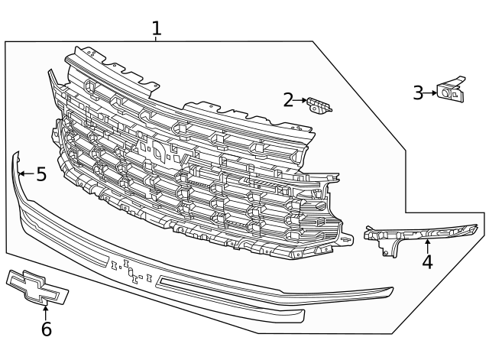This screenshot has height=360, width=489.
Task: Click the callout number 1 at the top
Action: (x=156, y=29)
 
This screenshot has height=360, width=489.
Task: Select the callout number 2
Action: (x=288, y=99)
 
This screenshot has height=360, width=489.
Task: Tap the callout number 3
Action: (x=418, y=92)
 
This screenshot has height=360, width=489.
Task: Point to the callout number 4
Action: (x=427, y=262)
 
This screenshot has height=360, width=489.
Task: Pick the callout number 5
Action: (x=40, y=174)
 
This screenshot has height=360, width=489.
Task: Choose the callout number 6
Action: (x=46, y=329)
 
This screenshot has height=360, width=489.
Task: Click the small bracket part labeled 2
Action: (x=319, y=104)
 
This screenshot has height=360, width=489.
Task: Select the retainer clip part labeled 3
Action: (x=450, y=90)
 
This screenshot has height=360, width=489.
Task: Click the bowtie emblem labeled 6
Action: (x=36, y=287)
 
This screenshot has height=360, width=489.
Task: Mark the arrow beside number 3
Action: (x=431, y=92)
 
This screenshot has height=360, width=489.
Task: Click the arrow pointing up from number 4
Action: (x=427, y=245)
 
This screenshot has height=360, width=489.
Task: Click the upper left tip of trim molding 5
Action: (x=15, y=155)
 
